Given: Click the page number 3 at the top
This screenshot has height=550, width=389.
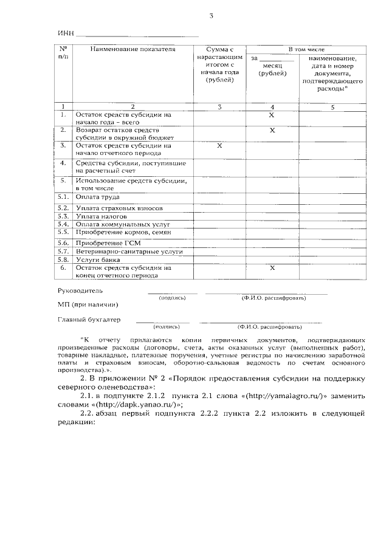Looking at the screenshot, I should tap(212, 16).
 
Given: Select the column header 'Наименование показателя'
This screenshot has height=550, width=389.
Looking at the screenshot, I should tap(133, 49).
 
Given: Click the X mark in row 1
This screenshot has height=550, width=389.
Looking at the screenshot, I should tap(272, 114).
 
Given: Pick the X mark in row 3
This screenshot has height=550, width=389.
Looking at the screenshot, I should tap(219, 146).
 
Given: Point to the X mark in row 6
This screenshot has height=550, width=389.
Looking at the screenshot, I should tap(272, 267).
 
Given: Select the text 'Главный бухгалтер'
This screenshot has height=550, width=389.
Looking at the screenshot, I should tap(89, 319).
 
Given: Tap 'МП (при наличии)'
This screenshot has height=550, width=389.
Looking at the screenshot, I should tap(88, 304).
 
